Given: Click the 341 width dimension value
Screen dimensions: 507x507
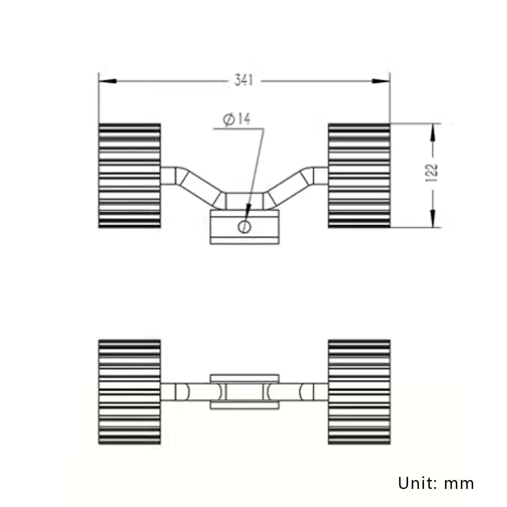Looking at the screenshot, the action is (x=244, y=80).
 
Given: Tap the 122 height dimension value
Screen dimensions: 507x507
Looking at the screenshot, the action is (x=432, y=173).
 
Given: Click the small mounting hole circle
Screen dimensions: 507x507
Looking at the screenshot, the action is (x=244, y=227).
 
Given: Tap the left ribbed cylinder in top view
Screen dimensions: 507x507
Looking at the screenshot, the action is (x=129, y=176).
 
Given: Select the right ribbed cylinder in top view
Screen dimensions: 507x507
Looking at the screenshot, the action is (x=359, y=176).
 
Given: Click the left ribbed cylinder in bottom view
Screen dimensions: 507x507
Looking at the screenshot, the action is (x=129, y=392).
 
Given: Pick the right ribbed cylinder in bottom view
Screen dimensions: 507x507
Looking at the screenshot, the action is (x=359, y=392).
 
